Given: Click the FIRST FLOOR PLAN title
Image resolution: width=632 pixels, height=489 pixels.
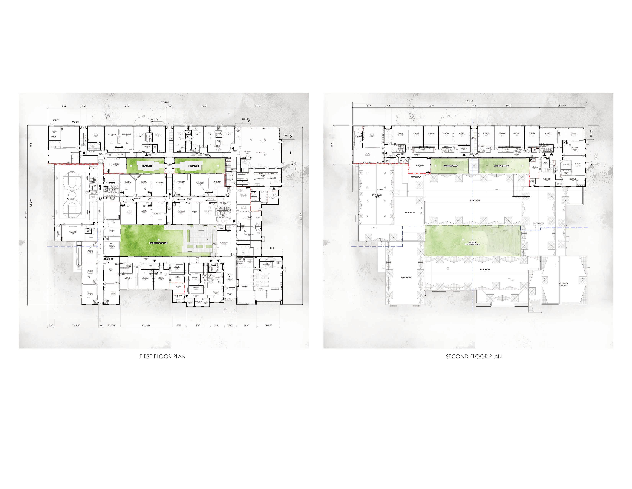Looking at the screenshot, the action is [162, 357].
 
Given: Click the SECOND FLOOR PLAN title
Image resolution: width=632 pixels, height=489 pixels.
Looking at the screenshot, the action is [473, 357].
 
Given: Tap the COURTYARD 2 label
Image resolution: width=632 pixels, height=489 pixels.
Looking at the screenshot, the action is [147, 166].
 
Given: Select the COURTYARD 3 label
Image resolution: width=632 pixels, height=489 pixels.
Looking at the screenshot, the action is [193, 166].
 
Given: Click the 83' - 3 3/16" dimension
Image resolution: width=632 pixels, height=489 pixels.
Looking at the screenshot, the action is [146, 325].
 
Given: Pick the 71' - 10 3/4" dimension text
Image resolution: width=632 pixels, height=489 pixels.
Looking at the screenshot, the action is [76, 325].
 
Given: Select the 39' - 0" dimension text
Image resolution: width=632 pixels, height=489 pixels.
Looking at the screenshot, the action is [198, 325].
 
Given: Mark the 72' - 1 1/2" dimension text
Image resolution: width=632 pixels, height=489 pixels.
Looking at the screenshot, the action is [258, 106].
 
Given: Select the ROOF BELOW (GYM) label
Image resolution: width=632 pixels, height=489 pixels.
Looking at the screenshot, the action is [377, 196].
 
